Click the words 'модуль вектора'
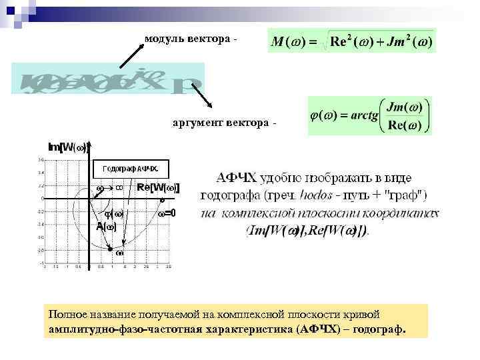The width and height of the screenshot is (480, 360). [x=187, y=38]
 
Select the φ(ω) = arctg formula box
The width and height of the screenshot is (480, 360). [x=369, y=116]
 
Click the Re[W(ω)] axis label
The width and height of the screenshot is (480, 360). [x=158, y=188]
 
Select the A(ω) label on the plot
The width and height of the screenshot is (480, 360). [x=106, y=227]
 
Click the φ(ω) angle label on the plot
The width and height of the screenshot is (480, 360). [x=112, y=213]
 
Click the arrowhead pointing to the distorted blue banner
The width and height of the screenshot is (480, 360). [x=122, y=67]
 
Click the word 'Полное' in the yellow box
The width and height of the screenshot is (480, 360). [x=66, y=313]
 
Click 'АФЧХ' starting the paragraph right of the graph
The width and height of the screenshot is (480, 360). [x=236, y=179]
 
